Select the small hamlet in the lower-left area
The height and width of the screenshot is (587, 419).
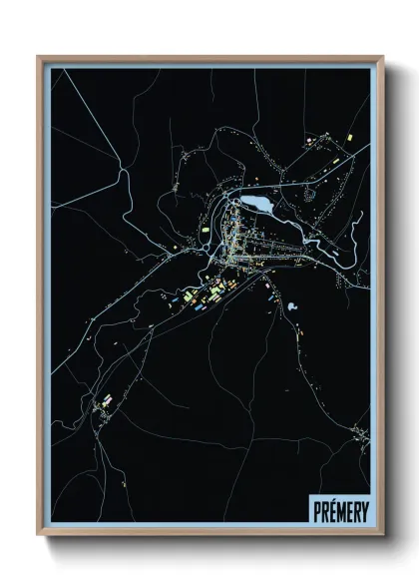coord(102,404)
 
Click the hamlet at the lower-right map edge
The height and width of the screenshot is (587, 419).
coord(359,431)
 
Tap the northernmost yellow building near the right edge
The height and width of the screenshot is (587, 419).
coord(350,133)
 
